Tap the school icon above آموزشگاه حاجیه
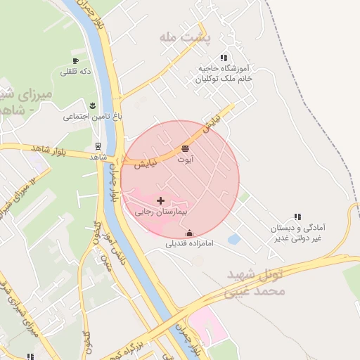[224, 58]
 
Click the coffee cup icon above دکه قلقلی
[75, 61]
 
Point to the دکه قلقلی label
[76, 71]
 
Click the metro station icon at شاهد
[98, 147]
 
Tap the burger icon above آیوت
[185, 149]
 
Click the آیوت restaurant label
[185, 160]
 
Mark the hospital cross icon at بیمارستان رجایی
[161, 201]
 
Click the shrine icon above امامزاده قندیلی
[188, 233]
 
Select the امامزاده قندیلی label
[189, 244]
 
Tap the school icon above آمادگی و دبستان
[297, 217]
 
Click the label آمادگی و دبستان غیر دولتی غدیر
[297, 233]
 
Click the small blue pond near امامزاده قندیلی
[234, 240]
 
